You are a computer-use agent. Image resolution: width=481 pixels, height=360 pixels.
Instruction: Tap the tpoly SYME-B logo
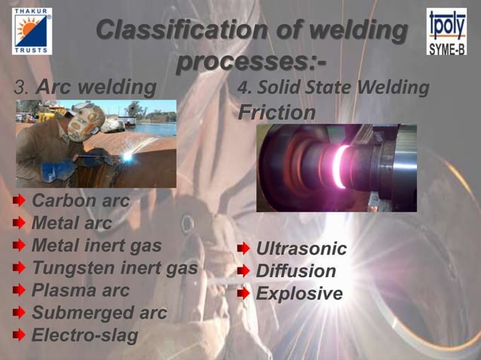coord(446,32)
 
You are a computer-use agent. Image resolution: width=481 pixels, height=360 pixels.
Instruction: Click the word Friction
coord(277,113)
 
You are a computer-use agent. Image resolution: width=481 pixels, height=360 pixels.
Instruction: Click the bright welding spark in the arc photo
coord(128,157)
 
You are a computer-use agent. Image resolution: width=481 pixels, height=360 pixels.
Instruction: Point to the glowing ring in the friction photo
coord(341,166)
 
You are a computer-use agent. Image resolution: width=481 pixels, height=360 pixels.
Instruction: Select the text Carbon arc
coord(80,201)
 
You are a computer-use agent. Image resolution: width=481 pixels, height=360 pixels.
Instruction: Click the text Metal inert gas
coord(97,246)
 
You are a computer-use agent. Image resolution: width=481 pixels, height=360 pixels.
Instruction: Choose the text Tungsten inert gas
coord(115,267)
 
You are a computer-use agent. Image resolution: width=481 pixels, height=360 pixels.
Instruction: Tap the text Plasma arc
coord(80,290)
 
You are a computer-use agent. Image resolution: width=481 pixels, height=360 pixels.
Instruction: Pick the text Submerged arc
coord(99,313)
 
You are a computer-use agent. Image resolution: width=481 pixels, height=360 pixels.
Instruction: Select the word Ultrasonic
coord(302,249)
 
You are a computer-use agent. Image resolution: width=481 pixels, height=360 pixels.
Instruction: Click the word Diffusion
coord(296,270)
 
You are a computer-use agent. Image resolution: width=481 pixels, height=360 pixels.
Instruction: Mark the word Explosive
coord(299,293)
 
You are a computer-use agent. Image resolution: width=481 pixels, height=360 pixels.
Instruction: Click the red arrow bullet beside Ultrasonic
coord(244,249)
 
